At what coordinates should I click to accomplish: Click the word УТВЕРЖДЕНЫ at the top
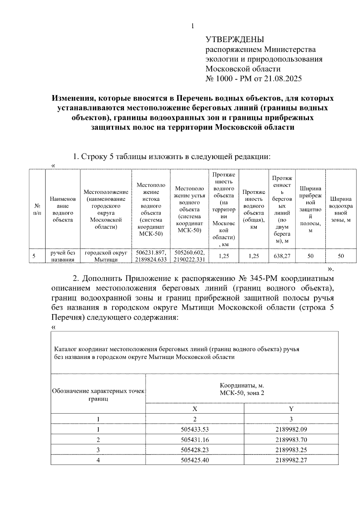point(235,40)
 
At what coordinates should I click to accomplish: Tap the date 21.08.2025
point(283,79)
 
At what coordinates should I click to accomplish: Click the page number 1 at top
point(192,26)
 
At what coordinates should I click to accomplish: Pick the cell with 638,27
point(282,256)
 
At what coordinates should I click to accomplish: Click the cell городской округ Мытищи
point(106,256)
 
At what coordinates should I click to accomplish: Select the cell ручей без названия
point(63,256)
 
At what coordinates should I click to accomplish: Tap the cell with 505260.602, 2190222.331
point(189,256)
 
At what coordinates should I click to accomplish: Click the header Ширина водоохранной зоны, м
point(341,209)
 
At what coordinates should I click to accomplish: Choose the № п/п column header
point(37,209)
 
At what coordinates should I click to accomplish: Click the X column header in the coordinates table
point(195,409)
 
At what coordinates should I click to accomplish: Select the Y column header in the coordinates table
point(291,409)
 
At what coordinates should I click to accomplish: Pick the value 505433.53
point(195,429)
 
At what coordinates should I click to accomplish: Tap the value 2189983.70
point(291,440)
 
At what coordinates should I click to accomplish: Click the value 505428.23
point(195,450)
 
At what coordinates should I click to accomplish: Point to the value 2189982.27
point(291,460)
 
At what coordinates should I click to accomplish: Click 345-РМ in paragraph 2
point(264,279)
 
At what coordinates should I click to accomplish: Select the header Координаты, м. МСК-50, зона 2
point(242,389)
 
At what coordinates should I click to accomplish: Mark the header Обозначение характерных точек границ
point(98,395)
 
